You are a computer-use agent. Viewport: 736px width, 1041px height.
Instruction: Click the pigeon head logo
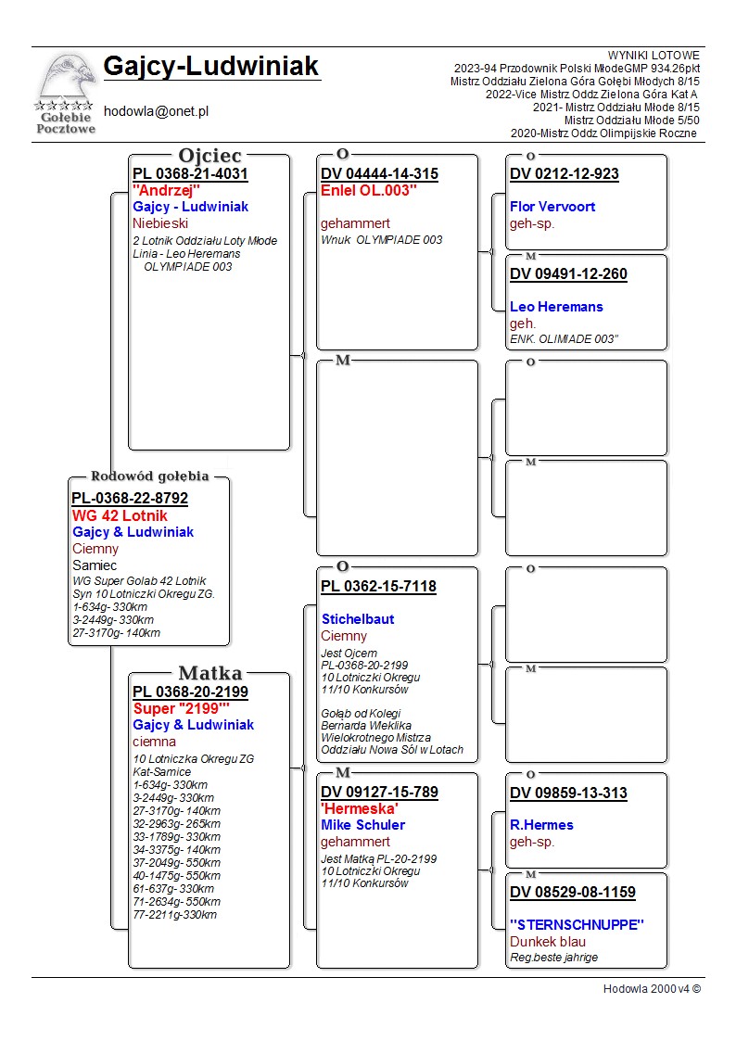(x=65, y=79)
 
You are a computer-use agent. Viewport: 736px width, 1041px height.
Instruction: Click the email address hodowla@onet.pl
(x=156, y=110)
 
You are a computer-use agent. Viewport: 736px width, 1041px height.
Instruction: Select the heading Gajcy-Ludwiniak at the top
(x=210, y=67)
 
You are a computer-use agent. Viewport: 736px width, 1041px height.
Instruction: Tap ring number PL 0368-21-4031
(x=190, y=173)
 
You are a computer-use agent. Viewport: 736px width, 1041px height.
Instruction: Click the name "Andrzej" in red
(x=167, y=190)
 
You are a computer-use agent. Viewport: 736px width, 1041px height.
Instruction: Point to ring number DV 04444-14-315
(x=379, y=173)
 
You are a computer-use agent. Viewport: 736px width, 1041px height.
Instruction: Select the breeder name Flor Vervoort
(x=552, y=207)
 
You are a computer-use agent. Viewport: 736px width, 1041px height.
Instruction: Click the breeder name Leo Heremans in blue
(x=556, y=307)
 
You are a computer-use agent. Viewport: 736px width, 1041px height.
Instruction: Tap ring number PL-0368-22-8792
(x=130, y=498)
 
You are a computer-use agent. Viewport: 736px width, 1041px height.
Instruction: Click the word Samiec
(x=95, y=565)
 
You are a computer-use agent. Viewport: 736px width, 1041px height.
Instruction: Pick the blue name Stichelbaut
(x=358, y=618)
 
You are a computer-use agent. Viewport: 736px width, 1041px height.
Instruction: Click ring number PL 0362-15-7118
(x=378, y=586)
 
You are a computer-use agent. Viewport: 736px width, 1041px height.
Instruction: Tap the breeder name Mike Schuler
(x=362, y=825)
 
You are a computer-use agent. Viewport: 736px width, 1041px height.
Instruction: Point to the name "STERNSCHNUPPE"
(x=577, y=924)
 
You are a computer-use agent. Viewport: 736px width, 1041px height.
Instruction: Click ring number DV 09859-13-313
(x=568, y=793)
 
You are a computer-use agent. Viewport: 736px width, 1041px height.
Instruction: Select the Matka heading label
(x=209, y=673)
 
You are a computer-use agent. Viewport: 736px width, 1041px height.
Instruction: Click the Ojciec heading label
(x=209, y=155)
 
